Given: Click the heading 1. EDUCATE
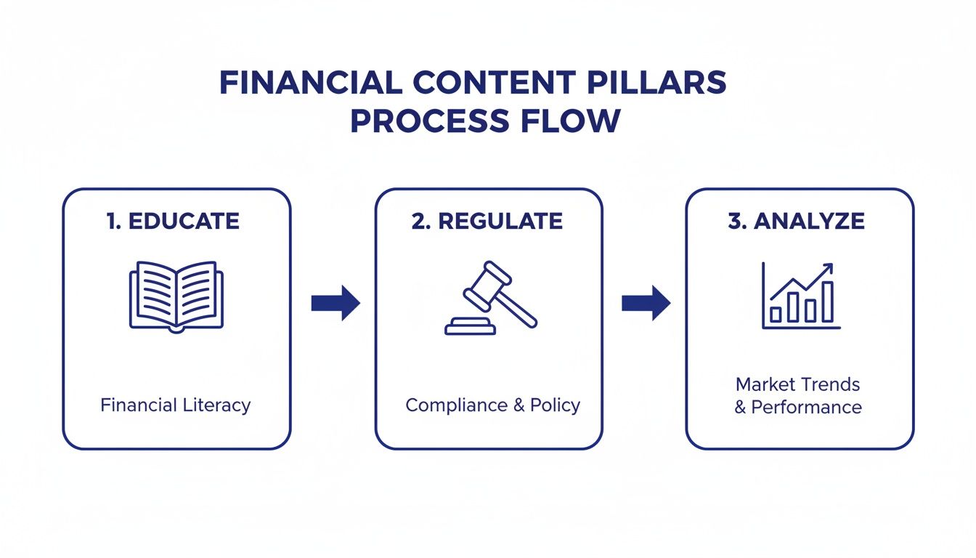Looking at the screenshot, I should (x=173, y=222).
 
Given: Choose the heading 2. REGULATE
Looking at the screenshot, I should (x=487, y=222).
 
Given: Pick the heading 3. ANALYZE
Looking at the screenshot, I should (x=797, y=222).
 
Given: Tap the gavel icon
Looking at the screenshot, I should (x=490, y=299).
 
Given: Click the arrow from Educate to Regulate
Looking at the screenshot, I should (x=335, y=303).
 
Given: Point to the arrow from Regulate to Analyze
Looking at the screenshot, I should (x=646, y=303).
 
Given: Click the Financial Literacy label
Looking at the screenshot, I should (x=176, y=405).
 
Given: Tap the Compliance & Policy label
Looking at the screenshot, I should (x=492, y=405).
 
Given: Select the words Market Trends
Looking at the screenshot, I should (x=797, y=384).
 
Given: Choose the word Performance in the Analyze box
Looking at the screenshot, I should (x=806, y=407).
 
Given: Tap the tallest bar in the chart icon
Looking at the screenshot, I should (x=827, y=302).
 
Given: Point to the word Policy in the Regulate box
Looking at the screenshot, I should (x=555, y=405).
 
